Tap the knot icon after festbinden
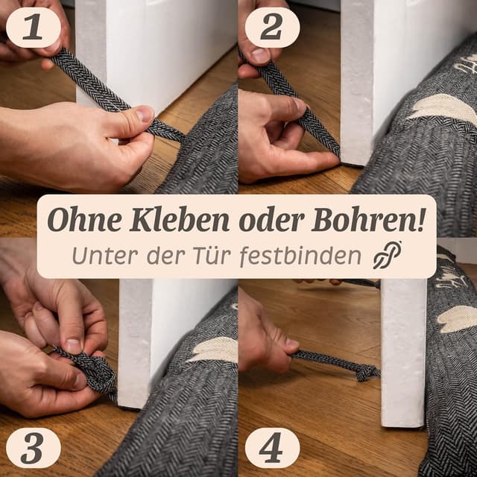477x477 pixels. point(388,255)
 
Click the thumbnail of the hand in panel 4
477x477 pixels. point(291,344)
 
